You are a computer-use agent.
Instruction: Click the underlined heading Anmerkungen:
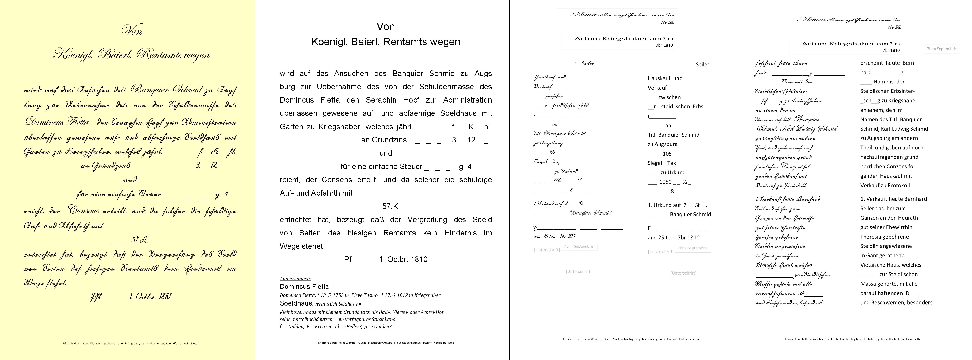tap(295, 278)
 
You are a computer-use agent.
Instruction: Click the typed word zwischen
tap(669, 97)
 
